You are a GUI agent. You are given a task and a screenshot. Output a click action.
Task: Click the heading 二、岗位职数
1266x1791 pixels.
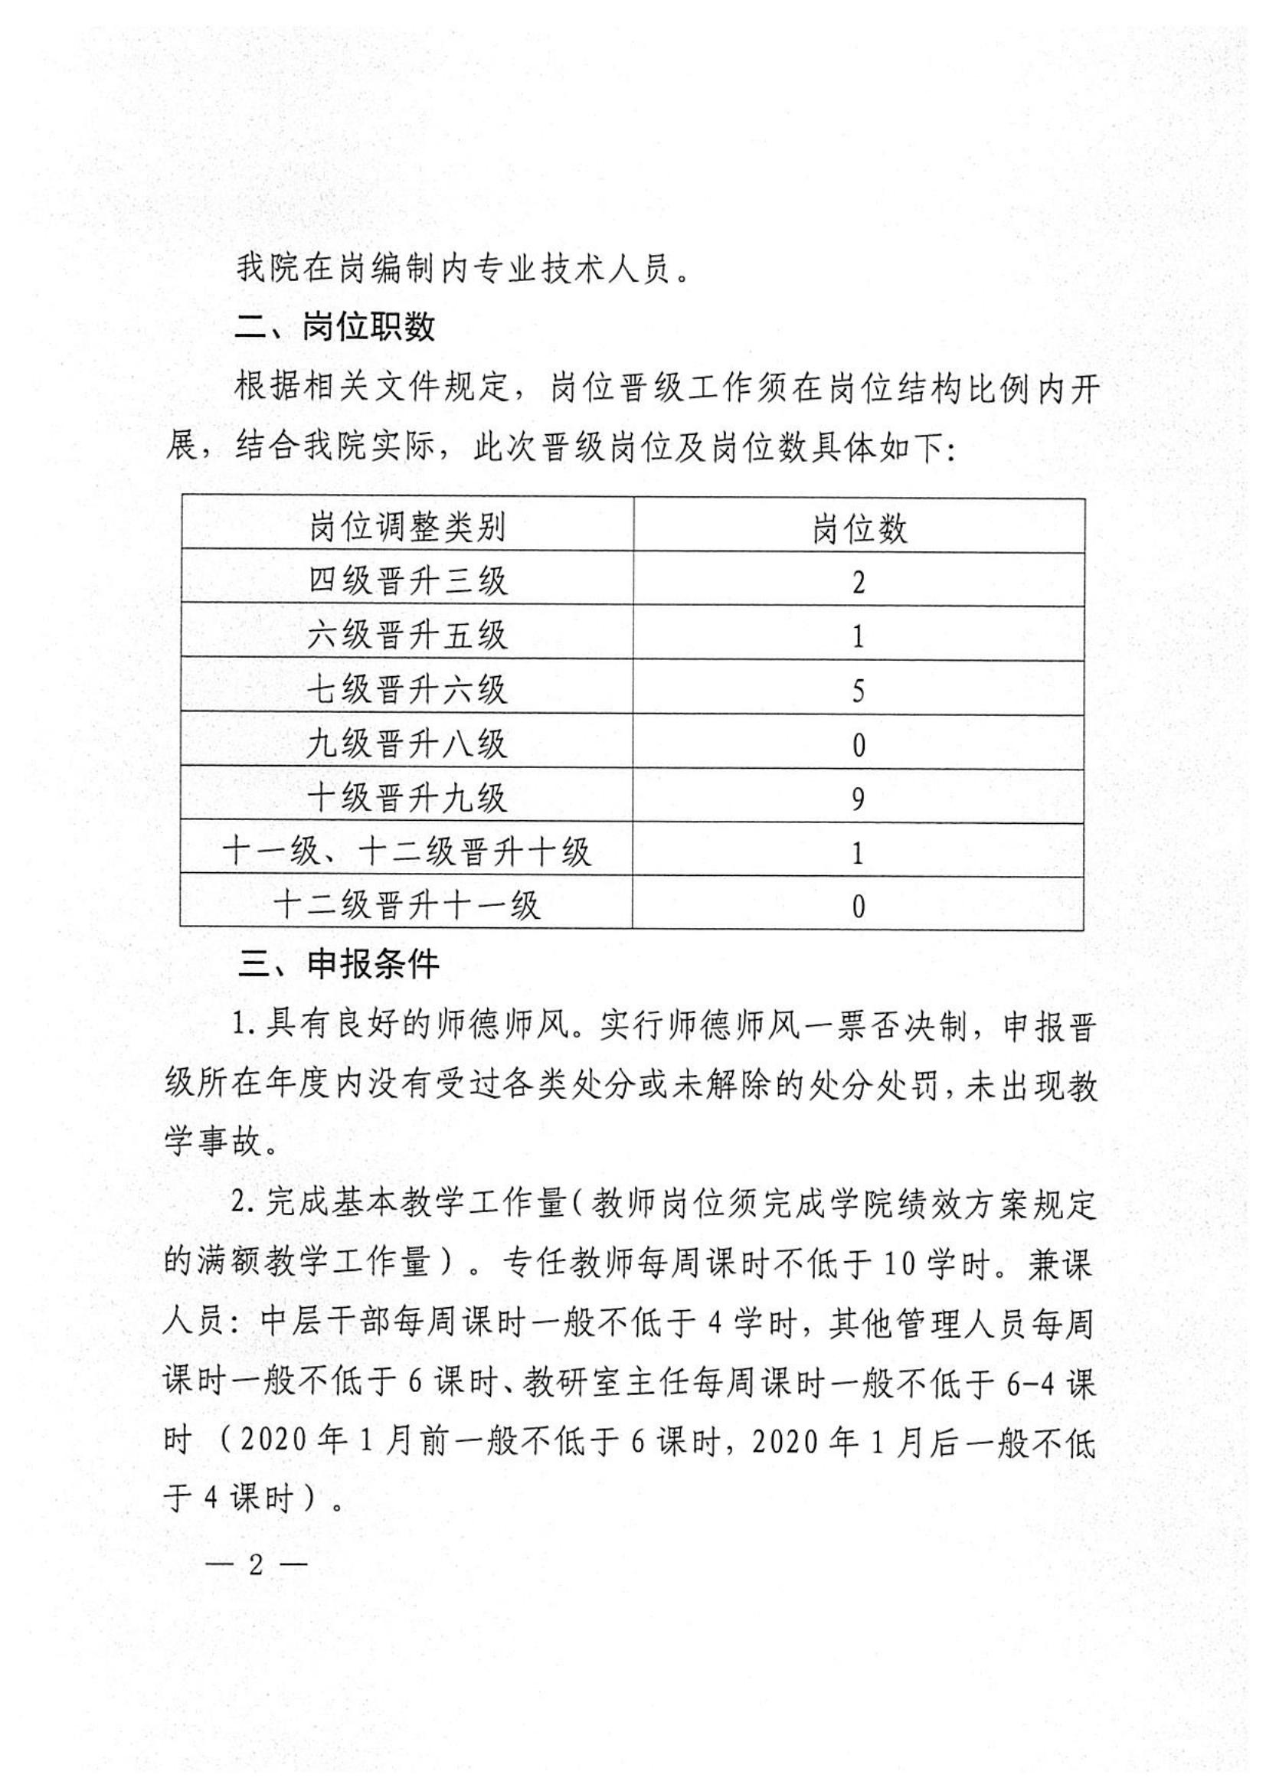(x=335, y=328)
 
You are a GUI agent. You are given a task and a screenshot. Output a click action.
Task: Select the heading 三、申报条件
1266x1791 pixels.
(x=339, y=966)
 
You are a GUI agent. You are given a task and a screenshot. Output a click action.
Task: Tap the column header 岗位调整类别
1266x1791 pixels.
(x=407, y=528)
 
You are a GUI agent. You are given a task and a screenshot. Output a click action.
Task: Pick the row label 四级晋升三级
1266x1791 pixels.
(x=407, y=582)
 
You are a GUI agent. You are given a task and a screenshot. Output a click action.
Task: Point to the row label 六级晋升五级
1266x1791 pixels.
(x=407, y=636)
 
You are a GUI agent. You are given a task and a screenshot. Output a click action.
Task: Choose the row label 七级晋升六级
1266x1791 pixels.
(x=407, y=691)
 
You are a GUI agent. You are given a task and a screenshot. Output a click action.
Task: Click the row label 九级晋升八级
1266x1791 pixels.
(x=407, y=744)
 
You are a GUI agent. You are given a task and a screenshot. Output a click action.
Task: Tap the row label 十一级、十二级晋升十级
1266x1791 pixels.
(x=407, y=851)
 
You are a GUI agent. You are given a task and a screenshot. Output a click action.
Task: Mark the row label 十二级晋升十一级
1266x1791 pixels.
(x=407, y=906)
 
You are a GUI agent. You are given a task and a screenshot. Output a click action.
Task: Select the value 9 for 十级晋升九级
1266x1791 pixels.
(x=858, y=799)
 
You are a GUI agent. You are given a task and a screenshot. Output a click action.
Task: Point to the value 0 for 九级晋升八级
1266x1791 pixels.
(x=858, y=746)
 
